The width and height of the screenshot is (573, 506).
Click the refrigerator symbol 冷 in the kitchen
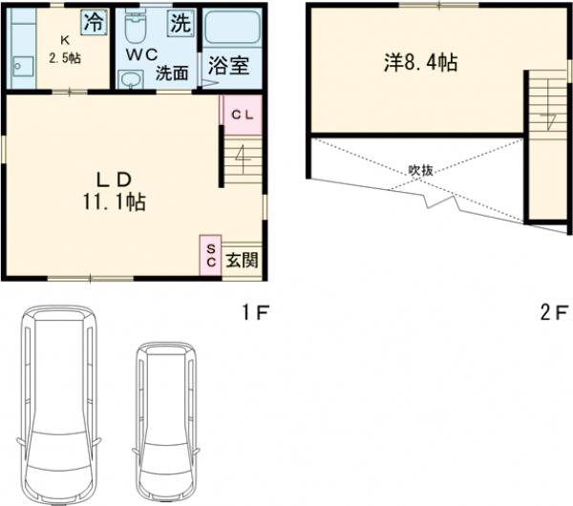pyautogui.click(x=94, y=22)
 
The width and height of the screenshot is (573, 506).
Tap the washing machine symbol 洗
pyautogui.click(x=180, y=23)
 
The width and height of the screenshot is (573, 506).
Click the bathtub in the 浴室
pyautogui.click(x=232, y=27)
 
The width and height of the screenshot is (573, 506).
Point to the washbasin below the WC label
pyautogui.click(x=131, y=78)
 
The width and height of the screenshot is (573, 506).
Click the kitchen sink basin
pyautogui.click(x=23, y=67)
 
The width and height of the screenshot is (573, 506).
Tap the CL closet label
pyautogui.click(x=243, y=116)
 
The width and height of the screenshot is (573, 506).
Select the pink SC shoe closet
pyautogui.click(x=210, y=255)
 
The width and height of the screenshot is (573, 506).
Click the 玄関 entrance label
pyautogui.click(x=242, y=260)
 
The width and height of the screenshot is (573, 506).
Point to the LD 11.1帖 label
pyautogui.click(x=115, y=191)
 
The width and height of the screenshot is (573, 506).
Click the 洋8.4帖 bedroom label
pyautogui.click(x=420, y=62)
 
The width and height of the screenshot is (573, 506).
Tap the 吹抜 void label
pyautogui.click(x=420, y=170)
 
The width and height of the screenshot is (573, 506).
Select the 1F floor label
pyautogui.click(x=256, y=312)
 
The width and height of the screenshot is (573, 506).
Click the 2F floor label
pyautogui.click(x=554, y=313)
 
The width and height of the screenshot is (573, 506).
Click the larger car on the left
pyautogui.click(x=58, y=405)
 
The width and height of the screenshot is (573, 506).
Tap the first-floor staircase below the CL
pyautogui.click(x=243, y=159)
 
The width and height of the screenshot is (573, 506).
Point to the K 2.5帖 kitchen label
pyautogui.click(x=65, y=50)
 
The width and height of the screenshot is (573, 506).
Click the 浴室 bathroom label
pyautogui.click(x=229, y=66)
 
